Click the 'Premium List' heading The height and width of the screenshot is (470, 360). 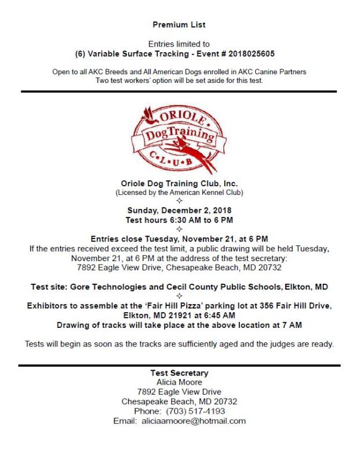179,25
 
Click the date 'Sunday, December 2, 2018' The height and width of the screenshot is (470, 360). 179,211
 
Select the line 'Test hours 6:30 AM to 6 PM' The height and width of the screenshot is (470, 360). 179,220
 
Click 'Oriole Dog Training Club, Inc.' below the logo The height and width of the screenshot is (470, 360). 179,183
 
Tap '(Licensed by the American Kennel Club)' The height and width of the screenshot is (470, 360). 179,192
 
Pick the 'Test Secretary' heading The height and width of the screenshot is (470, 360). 179,373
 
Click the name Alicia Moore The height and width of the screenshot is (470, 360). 179,382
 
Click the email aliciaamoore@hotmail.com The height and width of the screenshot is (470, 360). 194,421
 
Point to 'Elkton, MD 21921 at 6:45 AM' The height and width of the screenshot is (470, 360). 179,315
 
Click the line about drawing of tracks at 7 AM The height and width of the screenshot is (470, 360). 179,324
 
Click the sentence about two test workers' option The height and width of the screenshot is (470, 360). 179,80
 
